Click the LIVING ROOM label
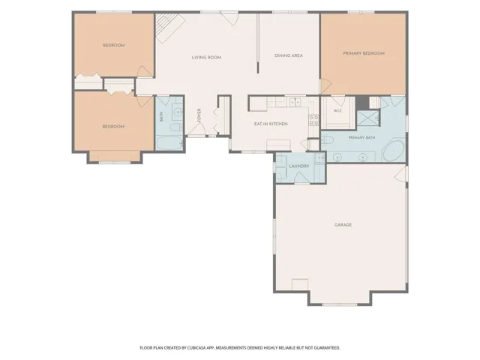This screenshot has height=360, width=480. (x=206, y=57)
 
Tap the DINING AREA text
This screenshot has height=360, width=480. (x=289, y=55)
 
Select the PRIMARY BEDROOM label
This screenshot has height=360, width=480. (x=364, y=53)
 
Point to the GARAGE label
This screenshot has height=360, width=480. (x=343, y=225)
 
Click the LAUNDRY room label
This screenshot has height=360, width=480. (x=299, y=166)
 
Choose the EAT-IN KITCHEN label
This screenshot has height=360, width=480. (x=271, y=124)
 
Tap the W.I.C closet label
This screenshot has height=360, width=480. (x=337, y=110)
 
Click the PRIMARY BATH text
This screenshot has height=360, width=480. (x=361, y=138)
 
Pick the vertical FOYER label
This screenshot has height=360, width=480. (x=199, y=115)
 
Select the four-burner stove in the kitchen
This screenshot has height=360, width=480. (x=313, y=120)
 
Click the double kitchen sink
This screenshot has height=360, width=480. (x=295, y=102)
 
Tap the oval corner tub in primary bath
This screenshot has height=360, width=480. (x=394, y=151)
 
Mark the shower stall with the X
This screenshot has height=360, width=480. (x=368, y=118)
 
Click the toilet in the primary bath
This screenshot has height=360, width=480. (x=327, y=140)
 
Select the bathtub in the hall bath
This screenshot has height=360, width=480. (x=169, y=143)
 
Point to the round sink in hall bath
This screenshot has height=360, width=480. (x=178, y=112)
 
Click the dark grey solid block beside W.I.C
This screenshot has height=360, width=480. (x=362, y=102)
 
